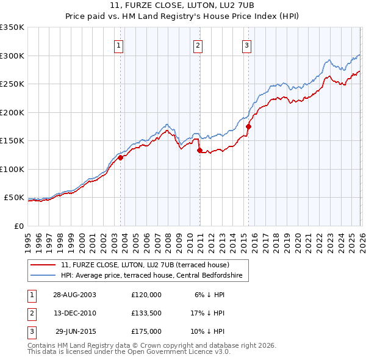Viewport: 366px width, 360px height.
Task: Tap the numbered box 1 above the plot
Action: pos(118,45)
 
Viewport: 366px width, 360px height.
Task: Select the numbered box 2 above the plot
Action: pos(198,45)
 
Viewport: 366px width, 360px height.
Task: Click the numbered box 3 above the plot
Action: pos(246,45)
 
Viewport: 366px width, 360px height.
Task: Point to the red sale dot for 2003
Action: pos(120,157)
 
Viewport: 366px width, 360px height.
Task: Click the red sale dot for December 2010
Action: pos(199,150)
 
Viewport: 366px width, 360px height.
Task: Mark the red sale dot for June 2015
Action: pos(248,126)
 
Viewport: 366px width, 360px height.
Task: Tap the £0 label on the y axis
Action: pos(19,226)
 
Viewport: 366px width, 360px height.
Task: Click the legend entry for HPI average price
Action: pos(151,276)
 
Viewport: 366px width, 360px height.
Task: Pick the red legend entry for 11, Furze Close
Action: pos(145,265)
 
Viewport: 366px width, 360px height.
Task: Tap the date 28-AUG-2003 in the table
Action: pos(75,294)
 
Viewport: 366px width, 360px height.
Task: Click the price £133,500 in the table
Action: pos(146,313)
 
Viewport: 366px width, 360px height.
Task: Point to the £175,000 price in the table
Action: pos(146,331)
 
